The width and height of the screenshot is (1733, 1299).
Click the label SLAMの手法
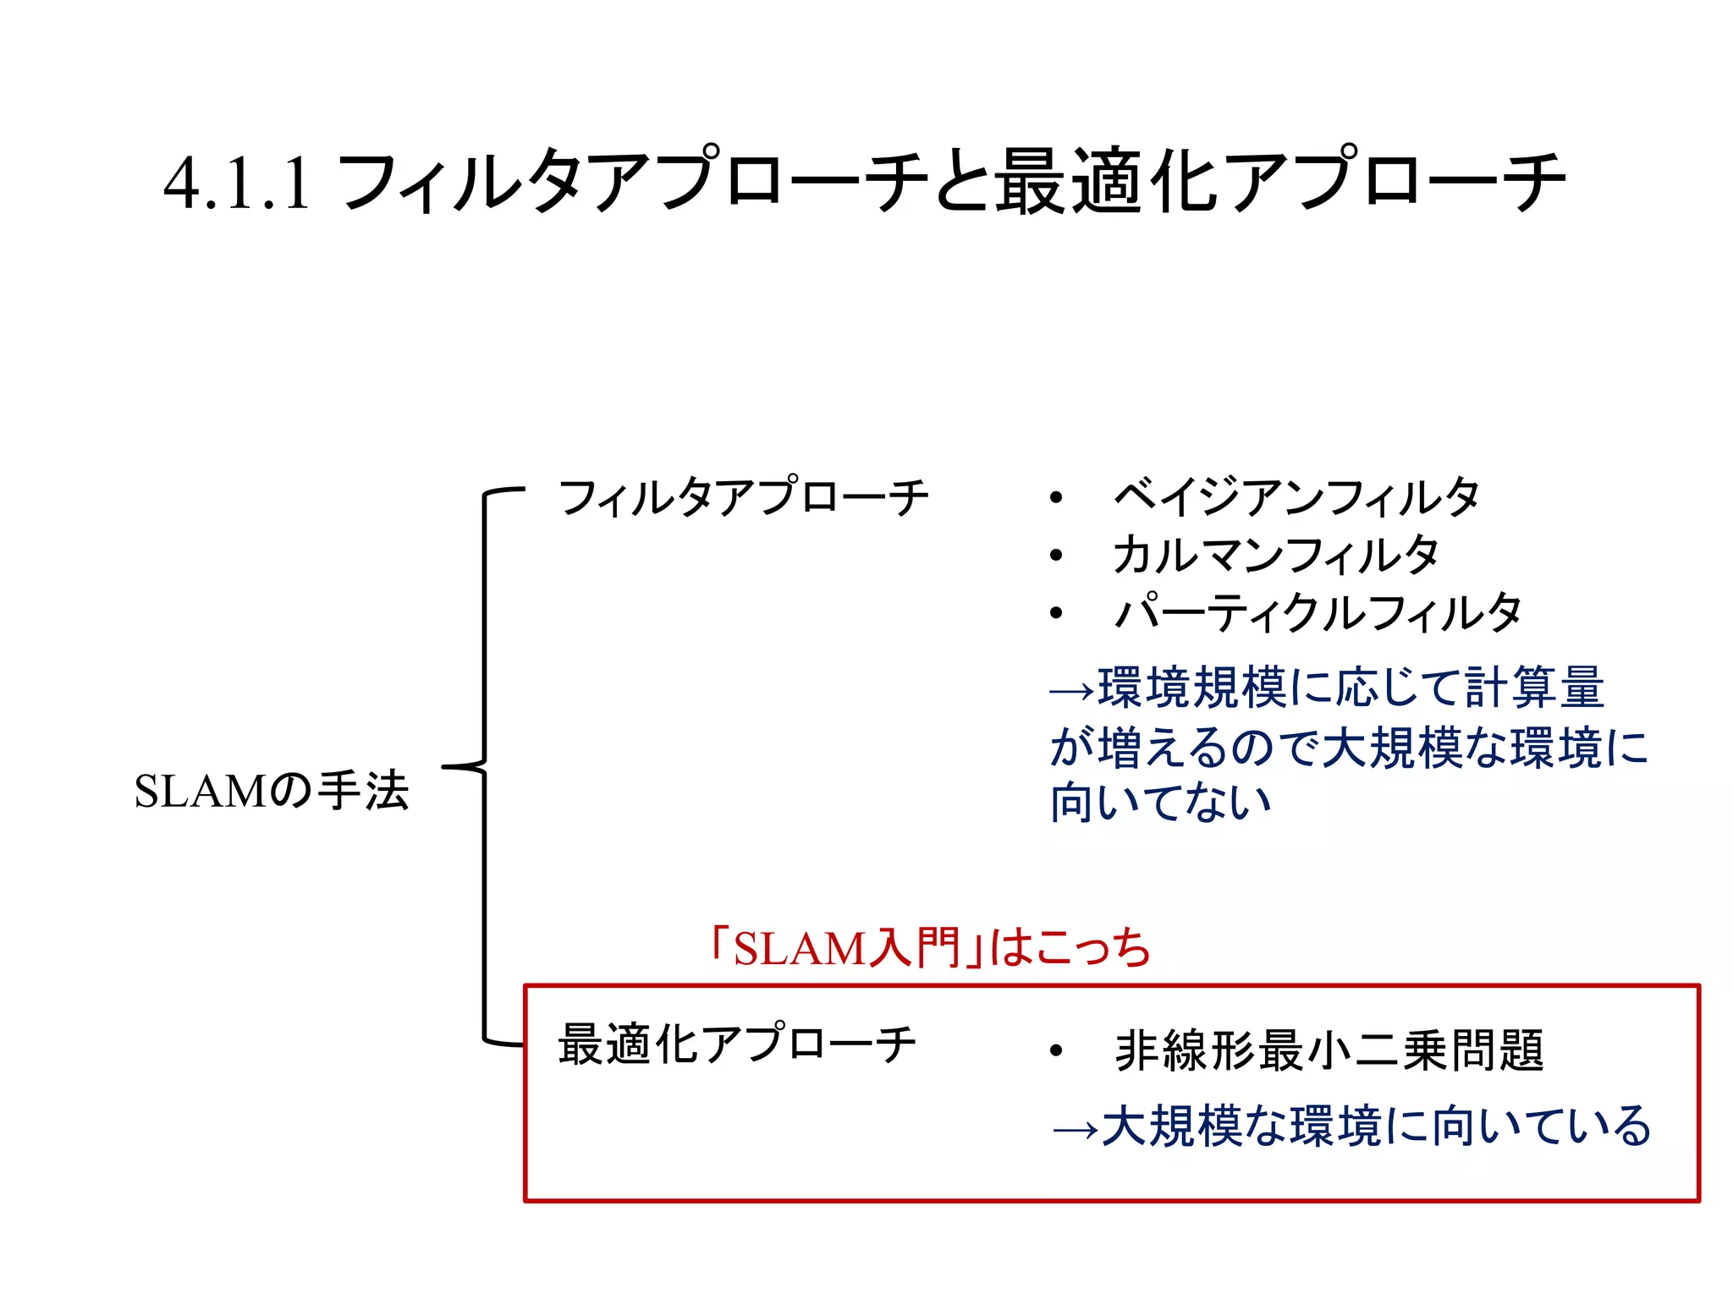click(x=272, y=792)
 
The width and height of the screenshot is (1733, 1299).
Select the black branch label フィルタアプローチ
click(x=744, y=497)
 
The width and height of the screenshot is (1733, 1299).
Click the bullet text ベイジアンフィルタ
click(x=1296, y=497)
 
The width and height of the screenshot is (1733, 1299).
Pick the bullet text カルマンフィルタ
click(x=1275, y=556)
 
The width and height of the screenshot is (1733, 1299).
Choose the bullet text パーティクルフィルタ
click(x=1318, y=613)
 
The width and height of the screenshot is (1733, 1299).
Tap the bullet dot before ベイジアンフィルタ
click(x=1055, y=498)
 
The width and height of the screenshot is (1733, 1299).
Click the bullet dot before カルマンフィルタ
click(x=1055, y=556)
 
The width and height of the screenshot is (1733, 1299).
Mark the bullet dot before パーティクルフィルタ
click(x=1055, y=613)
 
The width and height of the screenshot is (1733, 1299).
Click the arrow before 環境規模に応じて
click(x=1072, y=692)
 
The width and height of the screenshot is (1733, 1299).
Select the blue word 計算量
click(x=1533, y=687)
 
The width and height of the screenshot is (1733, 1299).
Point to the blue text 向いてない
click(x=1160, y=803)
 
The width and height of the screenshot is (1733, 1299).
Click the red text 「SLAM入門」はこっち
click(x=930, y=948)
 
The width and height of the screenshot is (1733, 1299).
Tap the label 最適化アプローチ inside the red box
click(x=737, y=1044)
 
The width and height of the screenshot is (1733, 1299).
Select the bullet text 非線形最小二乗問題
click(x=1329, y=1051)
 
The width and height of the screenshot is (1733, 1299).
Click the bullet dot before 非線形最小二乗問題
click(x=1055, y=1051)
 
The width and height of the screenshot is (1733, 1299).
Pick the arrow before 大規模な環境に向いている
click(x=1076, y=1130)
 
